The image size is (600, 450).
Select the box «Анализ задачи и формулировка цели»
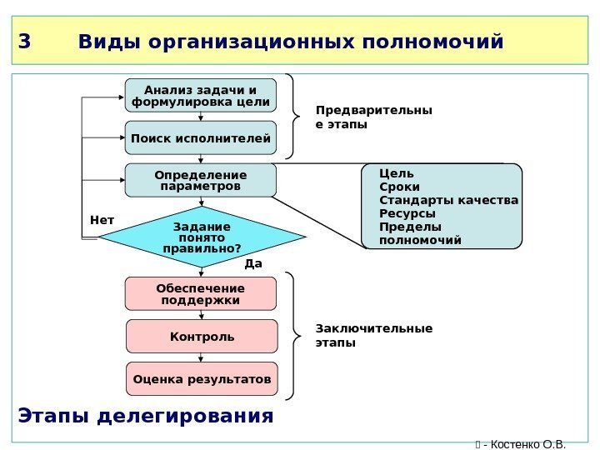coord(201,96)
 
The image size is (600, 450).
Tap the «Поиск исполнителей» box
coord(201,137)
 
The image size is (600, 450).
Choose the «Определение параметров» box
coord(201,180)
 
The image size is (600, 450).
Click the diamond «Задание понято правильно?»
coord(202,237)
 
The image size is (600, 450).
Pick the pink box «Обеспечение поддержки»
coord(200,293)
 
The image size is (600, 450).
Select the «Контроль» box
coord(202,337)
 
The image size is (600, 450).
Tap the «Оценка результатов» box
coord(202,379)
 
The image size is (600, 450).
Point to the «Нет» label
coord(101,220)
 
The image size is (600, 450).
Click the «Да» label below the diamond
coord(252,263)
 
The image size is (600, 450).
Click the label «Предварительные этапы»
coord(373,117)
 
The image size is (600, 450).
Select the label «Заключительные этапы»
coord(373,335)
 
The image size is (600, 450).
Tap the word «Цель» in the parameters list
coord(396,173)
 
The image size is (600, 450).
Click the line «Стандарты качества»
coord(448,200)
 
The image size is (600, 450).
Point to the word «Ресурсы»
coord(407,213)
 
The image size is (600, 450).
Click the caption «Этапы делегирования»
coord(145,414)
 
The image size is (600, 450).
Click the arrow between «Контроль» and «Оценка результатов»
coord(201,357)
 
